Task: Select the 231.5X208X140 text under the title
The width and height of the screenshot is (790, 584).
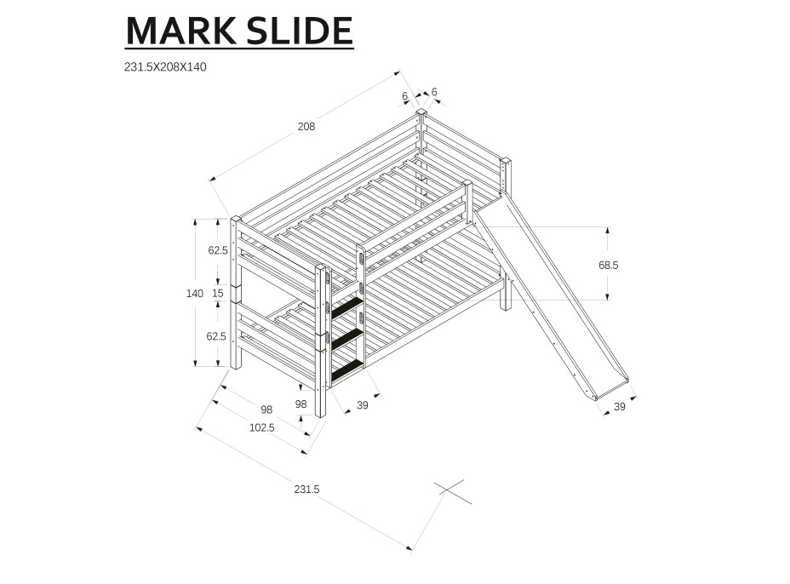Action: click(x=165, y=67)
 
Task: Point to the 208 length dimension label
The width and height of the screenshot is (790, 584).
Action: click(x=306, y=127)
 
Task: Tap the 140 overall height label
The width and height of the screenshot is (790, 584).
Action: click(x=195, y=294)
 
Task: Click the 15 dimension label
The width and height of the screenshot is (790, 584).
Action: click(x=218, y=294)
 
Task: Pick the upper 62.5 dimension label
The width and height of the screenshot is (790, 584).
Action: click(x=218, y=250)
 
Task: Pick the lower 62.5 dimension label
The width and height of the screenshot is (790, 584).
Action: click(x=218, y=336)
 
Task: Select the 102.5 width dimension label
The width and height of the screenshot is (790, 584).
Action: click(x=261, y=427)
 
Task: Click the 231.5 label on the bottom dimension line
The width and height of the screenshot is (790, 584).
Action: click(x=306, y=490)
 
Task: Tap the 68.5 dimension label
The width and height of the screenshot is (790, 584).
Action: click(x=608, y=266)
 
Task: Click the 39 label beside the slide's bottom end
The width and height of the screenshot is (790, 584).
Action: click(x=620, y=407)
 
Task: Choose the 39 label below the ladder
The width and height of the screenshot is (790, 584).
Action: click(x=362, y=405)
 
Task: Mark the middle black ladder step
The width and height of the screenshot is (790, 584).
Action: click(x=346, y=339)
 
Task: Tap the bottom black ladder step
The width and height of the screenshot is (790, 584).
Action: click(x=346, y=369)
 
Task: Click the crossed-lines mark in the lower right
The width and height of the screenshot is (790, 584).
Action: click(x=453, y=491)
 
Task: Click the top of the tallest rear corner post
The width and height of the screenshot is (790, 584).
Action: click(x=421, y=112)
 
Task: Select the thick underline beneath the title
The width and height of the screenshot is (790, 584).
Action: click(x=239, y=49)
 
